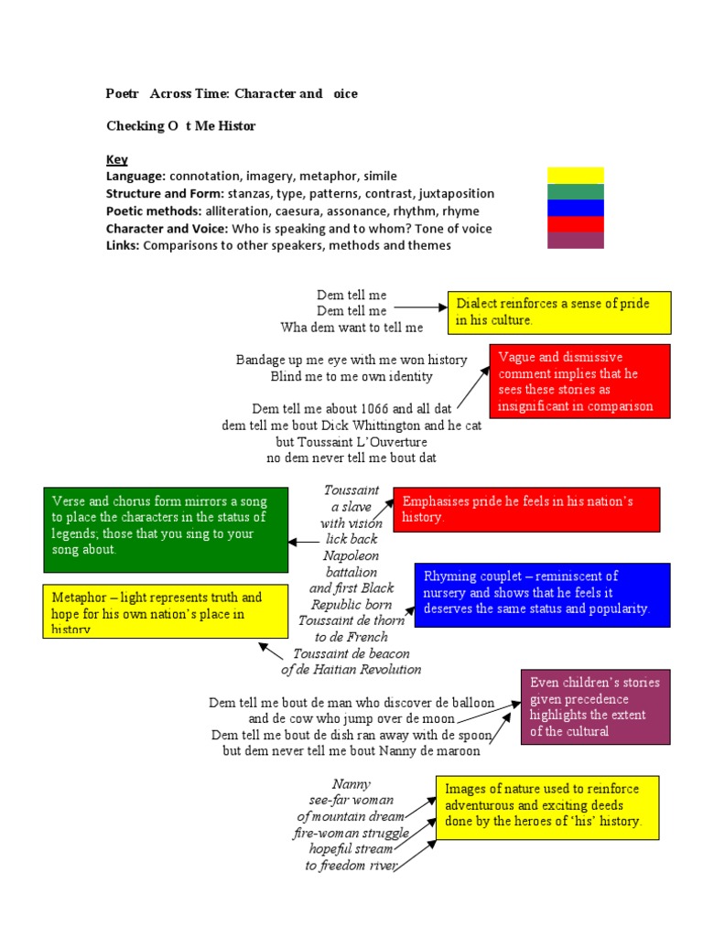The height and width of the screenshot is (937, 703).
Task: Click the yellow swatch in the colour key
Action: [575, 175]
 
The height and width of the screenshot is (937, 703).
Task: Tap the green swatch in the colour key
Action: [575, 191]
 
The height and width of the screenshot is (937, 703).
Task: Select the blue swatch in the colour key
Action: [575, 208]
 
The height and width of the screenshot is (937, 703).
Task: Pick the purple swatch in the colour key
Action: [575, 241]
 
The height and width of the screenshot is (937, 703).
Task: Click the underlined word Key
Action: [116, 159]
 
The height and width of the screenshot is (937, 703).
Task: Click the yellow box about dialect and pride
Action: [558, 312]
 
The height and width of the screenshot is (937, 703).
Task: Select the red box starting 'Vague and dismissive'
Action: [579, 382]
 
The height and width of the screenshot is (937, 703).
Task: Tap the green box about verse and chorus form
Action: [166, 530]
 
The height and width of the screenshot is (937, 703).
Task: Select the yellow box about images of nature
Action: [549, 805]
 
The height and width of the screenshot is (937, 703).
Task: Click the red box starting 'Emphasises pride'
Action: [526, 510]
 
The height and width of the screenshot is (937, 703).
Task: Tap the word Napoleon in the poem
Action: [351, 555]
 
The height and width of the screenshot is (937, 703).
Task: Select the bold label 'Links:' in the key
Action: [123, 245]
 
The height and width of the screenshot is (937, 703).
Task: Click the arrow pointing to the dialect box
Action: [420, 309]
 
